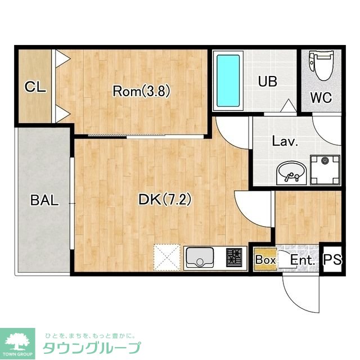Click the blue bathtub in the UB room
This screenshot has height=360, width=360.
click(x=228, y=80)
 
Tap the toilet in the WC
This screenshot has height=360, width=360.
click(x=321, y=65)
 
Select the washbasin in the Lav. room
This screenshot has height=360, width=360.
click(x=291, y=173)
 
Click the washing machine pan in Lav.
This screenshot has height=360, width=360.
click(x=325, y=170)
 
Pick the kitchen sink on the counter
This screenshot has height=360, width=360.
click(x=200, y=257)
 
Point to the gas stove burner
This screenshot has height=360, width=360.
click(x=234, y=258)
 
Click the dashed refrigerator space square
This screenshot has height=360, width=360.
click(x=167, y=258)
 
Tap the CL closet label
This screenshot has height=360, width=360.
click(x=35, y=87)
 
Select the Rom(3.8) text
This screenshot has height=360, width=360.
click(x=141, y=91)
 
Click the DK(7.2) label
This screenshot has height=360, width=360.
click(x=165, y=199)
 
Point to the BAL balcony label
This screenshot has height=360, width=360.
click(x=44, y=200)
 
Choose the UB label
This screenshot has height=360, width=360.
click(x=268, y=81)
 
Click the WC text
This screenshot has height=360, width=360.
click(x=321, y=97)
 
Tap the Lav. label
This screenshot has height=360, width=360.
click(x=285, y=141)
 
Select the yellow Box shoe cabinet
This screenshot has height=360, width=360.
click(x=265, y=259)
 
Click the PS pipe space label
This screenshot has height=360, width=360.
click(x=332, y=259)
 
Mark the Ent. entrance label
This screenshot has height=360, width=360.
click(x=303, y=260)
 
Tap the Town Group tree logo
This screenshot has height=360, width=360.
click(x=17, y=343)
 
